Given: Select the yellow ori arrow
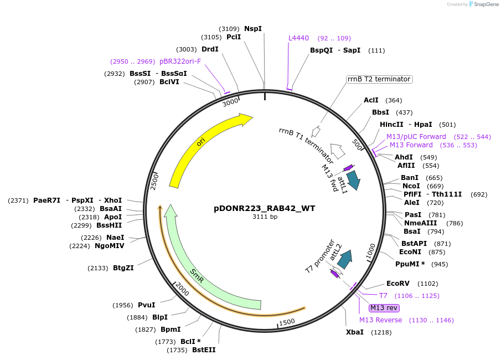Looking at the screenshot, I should [x=200, y=143].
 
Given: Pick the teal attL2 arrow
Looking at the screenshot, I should [x=345, y=259].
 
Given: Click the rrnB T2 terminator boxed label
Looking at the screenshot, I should [x=379, y=79].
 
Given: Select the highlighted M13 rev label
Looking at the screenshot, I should [x=384, y=308].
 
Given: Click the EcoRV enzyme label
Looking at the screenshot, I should [x=398, y=283].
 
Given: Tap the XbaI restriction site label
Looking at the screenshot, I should [x=355, y=332].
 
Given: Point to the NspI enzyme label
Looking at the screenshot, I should [x=253, y=28].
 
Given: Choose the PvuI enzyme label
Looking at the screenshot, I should [x=146, y=305].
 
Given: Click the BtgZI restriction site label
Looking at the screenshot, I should [x=123, y=268].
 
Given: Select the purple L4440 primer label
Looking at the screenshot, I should [x=298, y=38].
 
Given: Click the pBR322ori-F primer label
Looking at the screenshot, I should [x=180, y=61].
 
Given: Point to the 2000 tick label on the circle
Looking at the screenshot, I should [x=182, y=289].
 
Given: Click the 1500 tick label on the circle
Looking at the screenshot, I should [x=287, y=322].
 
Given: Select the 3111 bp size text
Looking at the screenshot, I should [x=265, y=217].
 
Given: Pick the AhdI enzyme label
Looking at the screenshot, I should [x=404, y=157].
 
